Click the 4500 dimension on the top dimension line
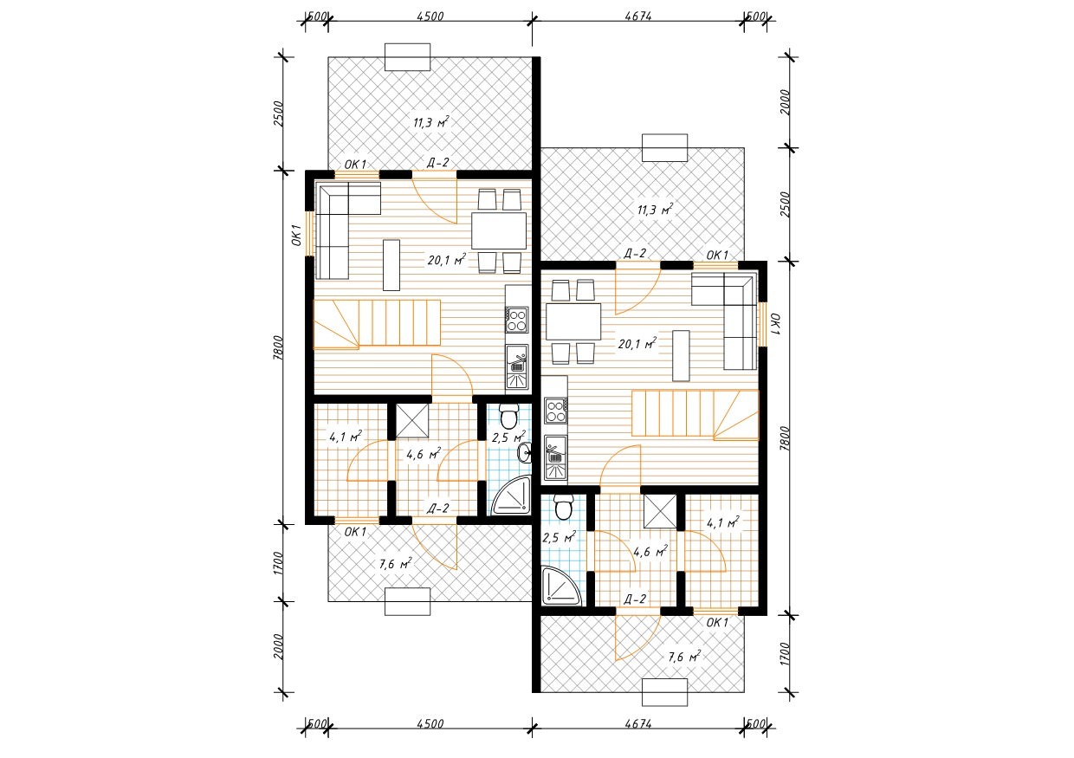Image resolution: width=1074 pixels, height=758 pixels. click(430, 16)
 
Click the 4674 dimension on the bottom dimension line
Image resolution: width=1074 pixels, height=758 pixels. click(638, 724)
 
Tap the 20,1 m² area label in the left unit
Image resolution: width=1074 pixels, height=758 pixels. click(447, 260)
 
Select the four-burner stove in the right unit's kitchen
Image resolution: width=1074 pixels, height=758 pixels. click(556, 411)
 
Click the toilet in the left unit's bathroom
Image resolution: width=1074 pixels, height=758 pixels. click(508, 416)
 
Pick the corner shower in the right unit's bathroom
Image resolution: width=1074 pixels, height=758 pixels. click(561, 586)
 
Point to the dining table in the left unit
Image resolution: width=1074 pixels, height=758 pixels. click(499, 230)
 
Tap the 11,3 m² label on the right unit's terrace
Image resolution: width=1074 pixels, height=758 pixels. click(655, 210)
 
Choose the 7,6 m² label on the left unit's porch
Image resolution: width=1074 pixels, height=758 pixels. click(395, 564)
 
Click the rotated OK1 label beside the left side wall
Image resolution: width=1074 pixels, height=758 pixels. click(297, 236)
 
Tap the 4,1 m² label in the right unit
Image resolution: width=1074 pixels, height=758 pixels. click(723, 522)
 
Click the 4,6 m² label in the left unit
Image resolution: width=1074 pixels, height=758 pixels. click(424, 454)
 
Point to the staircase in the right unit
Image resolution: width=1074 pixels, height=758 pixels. click(696, 415)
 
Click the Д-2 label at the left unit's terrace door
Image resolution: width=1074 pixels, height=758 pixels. click(437, 163)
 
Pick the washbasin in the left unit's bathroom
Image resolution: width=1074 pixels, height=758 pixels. click(525, 454)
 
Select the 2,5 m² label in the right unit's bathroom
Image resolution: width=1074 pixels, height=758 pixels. click(559, 537)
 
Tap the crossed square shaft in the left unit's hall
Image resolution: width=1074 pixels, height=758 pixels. click(412, 421)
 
